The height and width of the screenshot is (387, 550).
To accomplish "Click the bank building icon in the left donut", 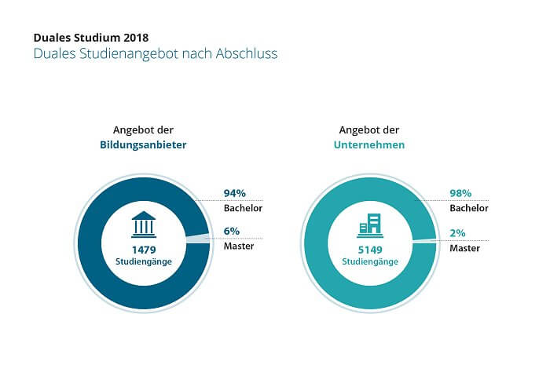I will [143, 224].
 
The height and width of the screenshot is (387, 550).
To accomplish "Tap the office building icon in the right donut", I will [368, 225].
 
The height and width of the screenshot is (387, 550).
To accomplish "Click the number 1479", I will [143, 249].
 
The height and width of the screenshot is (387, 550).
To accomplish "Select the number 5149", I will [368, 249].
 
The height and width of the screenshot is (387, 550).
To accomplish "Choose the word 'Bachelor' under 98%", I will [469, 208].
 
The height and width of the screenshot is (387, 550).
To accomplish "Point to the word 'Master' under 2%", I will [465, 247].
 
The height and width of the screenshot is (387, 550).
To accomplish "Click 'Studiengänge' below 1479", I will [143, 261].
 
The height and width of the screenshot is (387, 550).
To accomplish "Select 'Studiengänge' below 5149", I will [368, 261].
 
